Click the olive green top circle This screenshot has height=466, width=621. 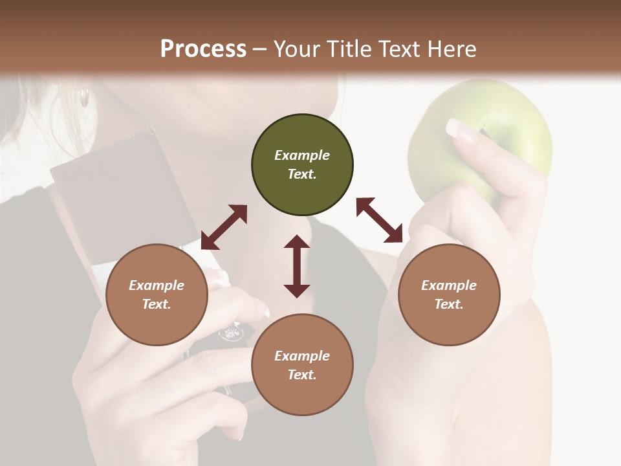click(302, 165)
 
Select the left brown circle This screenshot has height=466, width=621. click(157, 294)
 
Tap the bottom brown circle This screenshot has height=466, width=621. click(302, 365)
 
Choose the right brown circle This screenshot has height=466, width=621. click(449, 294)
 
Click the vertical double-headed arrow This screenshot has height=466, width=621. click(297, 266)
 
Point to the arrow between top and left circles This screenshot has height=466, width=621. click(224, 227)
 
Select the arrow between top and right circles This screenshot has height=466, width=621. click(379, 219)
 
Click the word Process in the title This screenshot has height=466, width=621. click(203, 49)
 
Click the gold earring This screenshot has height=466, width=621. click(84, 98)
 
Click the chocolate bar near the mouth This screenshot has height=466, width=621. click(123, 194)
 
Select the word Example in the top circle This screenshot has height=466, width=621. click(302, 155)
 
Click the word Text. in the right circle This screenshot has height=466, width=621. click(449, 304)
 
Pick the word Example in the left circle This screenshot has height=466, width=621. click(157, 285)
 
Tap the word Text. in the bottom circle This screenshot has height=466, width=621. click(302, 375)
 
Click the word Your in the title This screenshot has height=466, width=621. click(295, 49)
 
